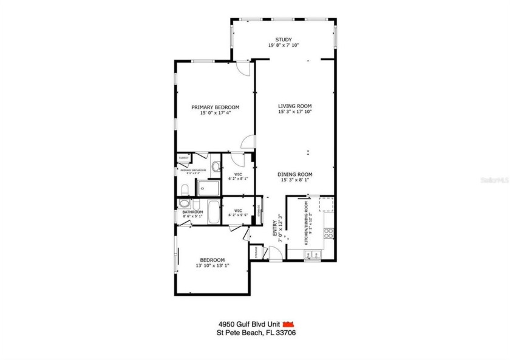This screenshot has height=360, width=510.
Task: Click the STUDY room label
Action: [284, 39]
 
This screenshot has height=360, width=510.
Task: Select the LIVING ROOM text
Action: [295, 106]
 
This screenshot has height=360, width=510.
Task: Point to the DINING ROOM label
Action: [295, 174]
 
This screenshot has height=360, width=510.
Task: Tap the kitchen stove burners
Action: [328, 233]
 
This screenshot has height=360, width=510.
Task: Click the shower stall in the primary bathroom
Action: [208, 188]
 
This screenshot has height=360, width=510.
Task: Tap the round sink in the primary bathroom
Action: [216, 166]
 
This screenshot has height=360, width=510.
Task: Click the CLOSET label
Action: [183, 158]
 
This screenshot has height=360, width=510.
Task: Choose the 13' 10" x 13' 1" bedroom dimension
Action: [212, 265]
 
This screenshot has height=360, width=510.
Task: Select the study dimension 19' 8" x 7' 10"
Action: [284, 46]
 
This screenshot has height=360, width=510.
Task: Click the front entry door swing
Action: [274, 254]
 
